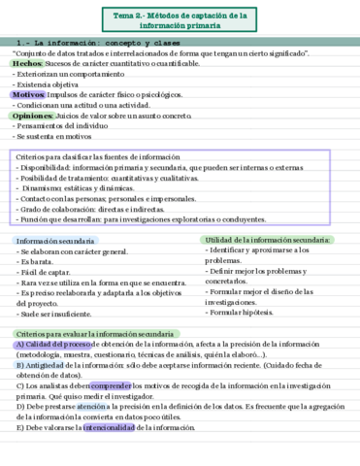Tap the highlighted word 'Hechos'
point(27,63)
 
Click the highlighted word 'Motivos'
point(29,95)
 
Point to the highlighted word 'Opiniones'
point(33,116)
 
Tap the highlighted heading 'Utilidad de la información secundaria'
point(268,240)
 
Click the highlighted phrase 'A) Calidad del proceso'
point(53,345)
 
